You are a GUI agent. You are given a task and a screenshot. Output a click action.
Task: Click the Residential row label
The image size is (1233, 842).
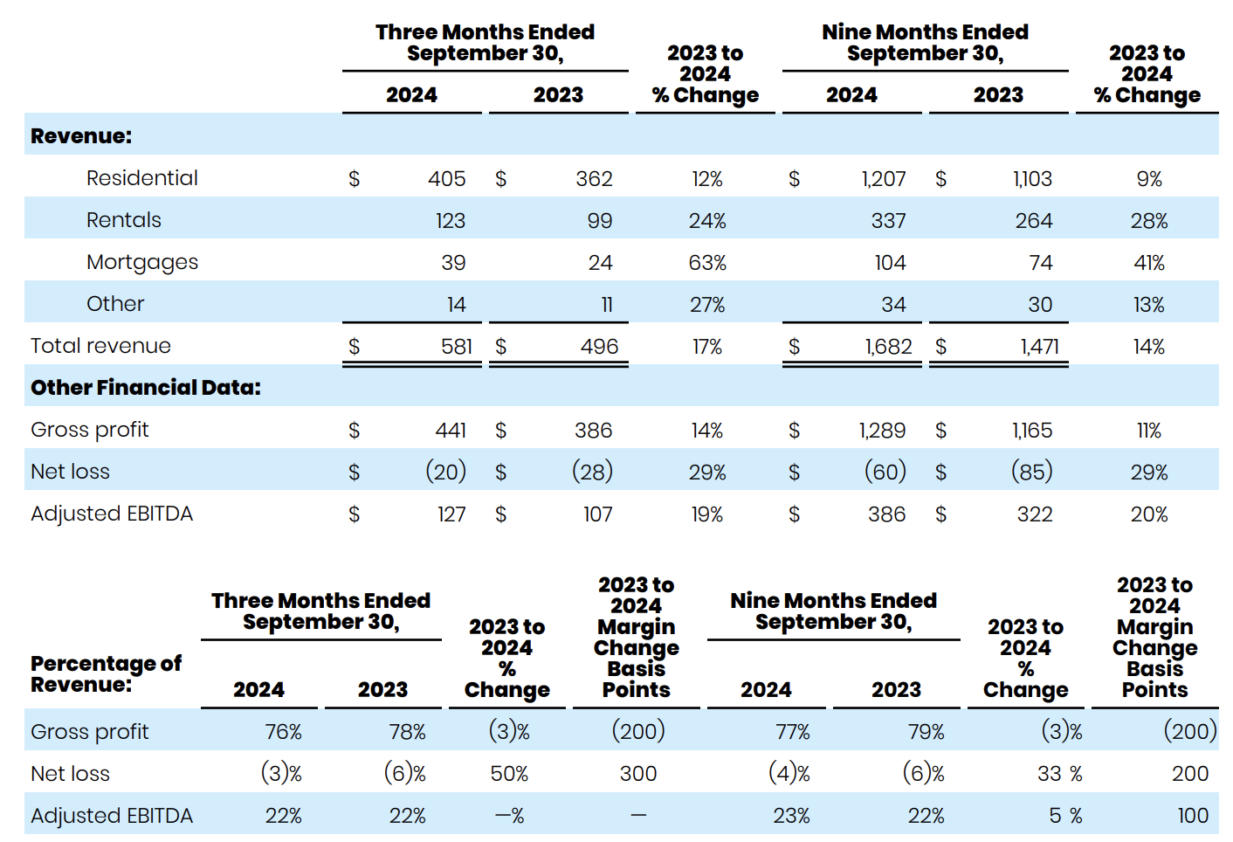[141, 178]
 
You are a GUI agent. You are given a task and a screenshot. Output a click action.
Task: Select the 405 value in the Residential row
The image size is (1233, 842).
[446, 179]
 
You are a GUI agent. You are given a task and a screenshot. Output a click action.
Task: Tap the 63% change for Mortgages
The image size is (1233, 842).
[706, 263]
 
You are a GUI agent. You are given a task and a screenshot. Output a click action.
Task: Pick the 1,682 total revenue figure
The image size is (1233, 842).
[888, 347]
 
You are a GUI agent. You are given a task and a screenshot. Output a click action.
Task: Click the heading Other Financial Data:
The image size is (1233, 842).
[146, 388]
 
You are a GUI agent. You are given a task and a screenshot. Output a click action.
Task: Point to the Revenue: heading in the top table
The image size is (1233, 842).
[81, 136]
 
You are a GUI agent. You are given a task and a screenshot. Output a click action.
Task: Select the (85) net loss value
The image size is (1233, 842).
[1031, 472]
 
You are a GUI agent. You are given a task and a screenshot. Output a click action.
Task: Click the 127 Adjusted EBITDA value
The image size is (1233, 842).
[451, 514]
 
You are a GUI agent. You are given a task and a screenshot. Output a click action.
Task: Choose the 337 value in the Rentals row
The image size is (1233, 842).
[888, 221]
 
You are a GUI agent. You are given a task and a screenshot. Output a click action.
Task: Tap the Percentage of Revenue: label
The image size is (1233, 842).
[106, 673]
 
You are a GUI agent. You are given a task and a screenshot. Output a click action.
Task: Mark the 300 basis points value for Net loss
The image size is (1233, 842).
[637, 774]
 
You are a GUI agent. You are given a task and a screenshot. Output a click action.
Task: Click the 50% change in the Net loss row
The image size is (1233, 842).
[509, 774]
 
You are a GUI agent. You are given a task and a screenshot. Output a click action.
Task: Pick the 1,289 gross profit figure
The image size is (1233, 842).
[882, 431]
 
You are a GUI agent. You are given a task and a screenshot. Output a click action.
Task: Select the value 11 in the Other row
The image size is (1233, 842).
[606, 305]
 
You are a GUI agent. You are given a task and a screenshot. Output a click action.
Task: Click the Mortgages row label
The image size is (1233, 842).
[142, 262]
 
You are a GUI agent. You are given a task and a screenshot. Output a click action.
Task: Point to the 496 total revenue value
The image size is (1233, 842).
[599, 347]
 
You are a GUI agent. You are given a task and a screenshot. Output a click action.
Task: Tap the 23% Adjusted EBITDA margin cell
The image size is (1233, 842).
[791, 816]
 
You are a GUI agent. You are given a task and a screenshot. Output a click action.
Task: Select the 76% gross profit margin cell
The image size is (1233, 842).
[283, 732]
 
